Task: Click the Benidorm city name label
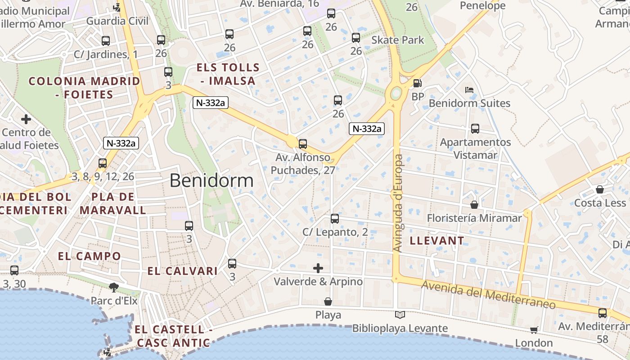tap(211, 181)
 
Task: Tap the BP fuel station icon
tap(418, 83)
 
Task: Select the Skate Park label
tap(397, 40)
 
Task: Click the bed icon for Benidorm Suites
tap(469, 90)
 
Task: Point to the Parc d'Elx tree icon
tap(114, 287)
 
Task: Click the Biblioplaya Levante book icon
tap(400, 315)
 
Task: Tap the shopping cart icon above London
tap(534, 330)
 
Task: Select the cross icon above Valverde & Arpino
tap(318, 268)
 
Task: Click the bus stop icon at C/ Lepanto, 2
tap(334, 219)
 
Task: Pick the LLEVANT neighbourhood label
tap(436, 241)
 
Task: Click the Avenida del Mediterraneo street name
tap(488, 295)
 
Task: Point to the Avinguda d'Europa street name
tap(398, 202)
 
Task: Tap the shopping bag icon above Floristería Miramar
tap(474, 205)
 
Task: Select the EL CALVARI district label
tap(183, 271)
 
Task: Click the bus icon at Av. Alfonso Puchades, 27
tap(303, 144)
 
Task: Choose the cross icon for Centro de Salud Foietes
tap(26, 119)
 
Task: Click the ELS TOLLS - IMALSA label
tap(228, 74)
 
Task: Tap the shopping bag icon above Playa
tap(328, 301)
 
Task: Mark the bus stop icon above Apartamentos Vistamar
tap(475, 129)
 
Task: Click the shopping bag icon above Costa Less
tap(600, 189)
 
